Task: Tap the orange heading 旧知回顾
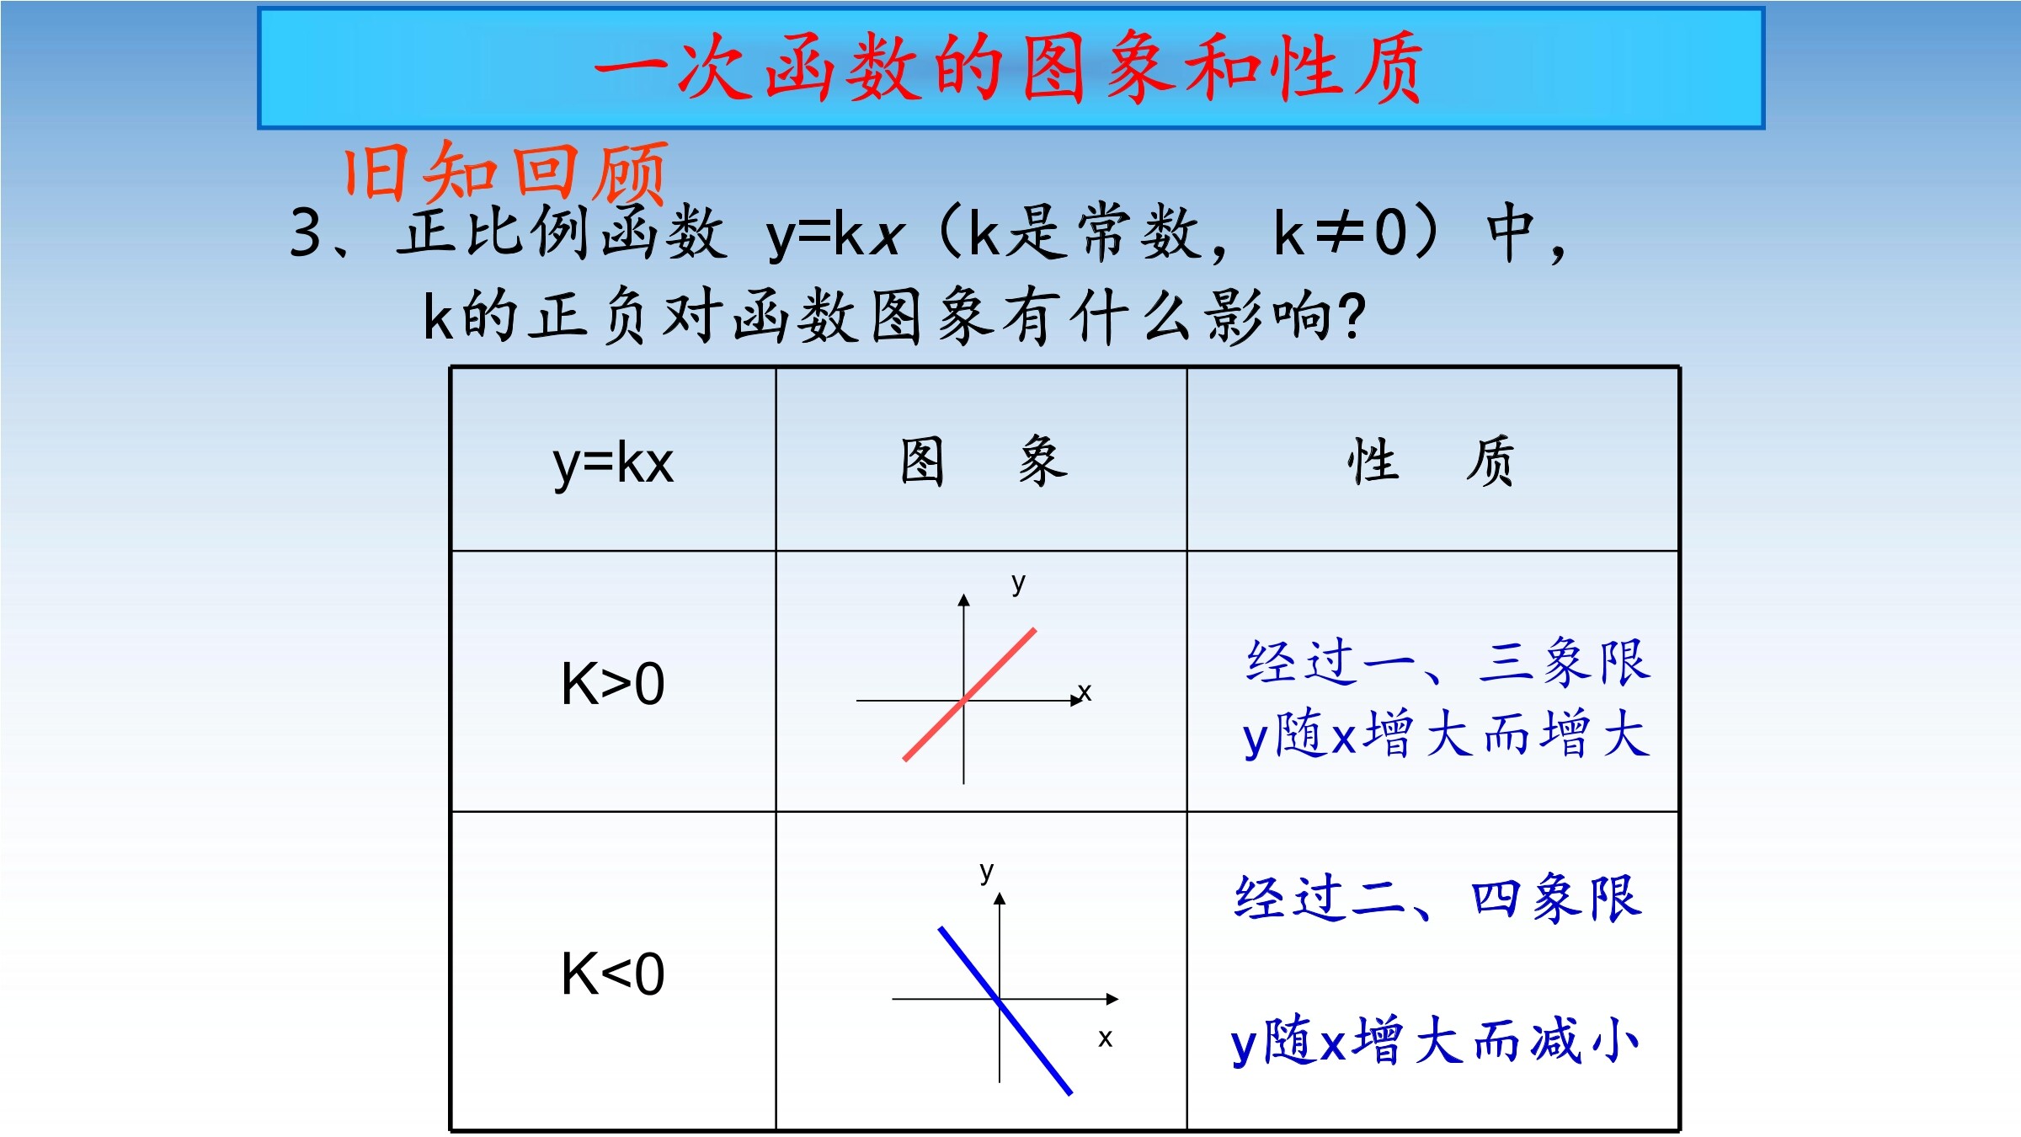click(505, 173)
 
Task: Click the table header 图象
click(984, 462)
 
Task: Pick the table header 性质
click(1430, 462)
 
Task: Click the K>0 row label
click(613, 683)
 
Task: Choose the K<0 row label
click(613, 974)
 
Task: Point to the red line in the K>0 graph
click(969, 694)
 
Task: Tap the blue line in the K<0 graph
click(1005, 1011)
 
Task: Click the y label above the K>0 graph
click(1019, 583)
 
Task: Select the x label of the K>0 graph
click(1085, 692)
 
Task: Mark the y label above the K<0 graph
click(987, 872)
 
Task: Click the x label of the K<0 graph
click(1106, 1038)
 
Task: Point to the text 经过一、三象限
click(1448, 662)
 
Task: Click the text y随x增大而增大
click(1446, 734)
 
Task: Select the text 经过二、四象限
click(1438, 898)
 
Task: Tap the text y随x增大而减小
click(1435, 1041)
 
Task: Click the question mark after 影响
click(1351, 317)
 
